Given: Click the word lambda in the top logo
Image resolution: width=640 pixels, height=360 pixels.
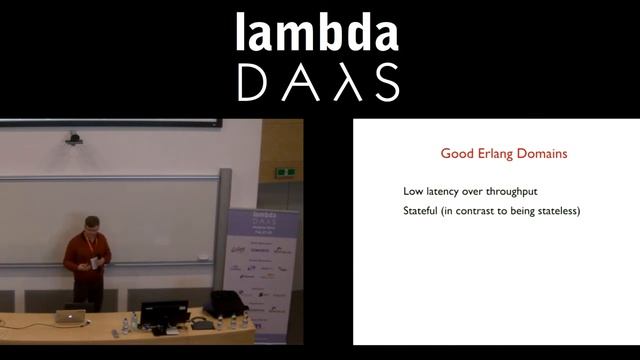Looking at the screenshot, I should coord(317,33).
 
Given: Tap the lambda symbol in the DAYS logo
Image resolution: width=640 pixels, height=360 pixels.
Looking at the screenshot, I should coord(318,82).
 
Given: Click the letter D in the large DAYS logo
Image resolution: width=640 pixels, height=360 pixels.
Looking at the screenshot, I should coord(256,82).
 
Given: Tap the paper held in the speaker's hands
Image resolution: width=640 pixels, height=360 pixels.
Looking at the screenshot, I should coord(95,262).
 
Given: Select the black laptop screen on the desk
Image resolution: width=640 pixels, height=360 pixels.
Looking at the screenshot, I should coord(164,313).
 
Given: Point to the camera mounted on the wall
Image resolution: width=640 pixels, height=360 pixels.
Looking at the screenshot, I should coord(74,137).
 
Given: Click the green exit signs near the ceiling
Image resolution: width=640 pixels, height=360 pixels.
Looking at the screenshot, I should coord(285,171).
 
